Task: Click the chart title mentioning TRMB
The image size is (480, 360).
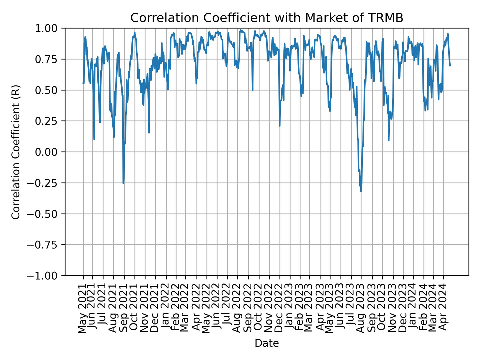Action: pyautogui.click(x=267, y=18)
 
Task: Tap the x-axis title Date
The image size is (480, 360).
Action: pyautogui.click(x=267, y=343)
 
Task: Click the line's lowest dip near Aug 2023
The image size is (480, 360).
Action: pyautogui.click(x=361, y=191)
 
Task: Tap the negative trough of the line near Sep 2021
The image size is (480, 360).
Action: pyautogui.click(x=123, y=183)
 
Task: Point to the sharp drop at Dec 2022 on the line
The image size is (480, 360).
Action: pyautogui.click(x=279, y=125)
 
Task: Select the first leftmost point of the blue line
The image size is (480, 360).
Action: pyautogui.click(x=83, y=83)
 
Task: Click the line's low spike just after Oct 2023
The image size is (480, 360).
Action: pyautogui.click(x=388, y=140)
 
